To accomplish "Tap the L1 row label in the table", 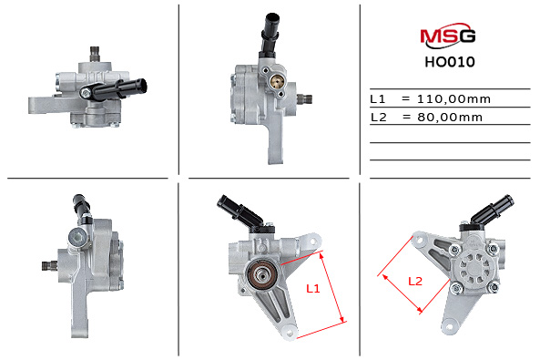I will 378,98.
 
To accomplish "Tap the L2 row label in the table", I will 378,117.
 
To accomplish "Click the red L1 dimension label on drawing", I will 312,288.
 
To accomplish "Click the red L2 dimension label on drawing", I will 414,281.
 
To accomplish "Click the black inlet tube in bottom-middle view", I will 239,210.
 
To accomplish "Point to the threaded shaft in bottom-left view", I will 48,265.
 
